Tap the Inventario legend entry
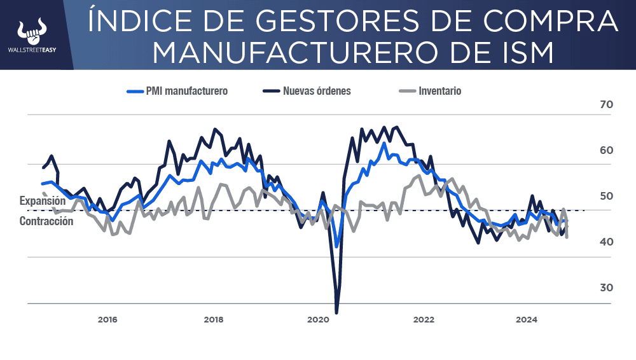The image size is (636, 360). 439,91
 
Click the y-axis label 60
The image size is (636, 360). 606,151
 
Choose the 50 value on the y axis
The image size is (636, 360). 606,196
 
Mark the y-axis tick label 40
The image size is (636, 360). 606,242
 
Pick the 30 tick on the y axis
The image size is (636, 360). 606,287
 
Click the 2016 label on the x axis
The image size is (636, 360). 107,319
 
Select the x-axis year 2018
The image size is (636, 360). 213,319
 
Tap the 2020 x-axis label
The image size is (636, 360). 319,319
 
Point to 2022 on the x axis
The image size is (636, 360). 423,319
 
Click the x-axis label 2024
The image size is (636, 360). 527,319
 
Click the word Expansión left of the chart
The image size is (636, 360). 43,201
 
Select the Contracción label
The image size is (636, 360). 46,221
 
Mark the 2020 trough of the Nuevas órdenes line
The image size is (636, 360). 336,312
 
